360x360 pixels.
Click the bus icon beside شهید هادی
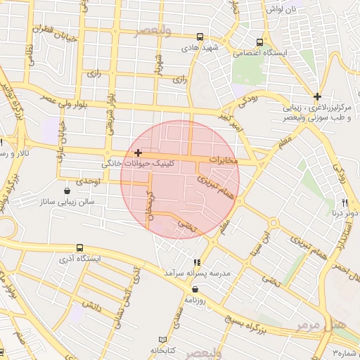click(x=200, y=37)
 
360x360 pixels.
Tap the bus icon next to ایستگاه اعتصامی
click(x=260, y=41)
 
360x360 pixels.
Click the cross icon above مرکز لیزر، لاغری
click(x=318, y=96)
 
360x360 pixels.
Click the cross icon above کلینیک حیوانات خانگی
click(x=138, y=153)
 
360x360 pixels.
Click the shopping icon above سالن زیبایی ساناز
click(x=67, y=190)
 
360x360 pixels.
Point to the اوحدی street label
click(x=91, y=181)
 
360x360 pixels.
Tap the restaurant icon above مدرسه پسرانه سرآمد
click(x=196, y=262)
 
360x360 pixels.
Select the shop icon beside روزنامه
click(x=195, y=289)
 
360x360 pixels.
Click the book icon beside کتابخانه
click(x=164, y=339)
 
